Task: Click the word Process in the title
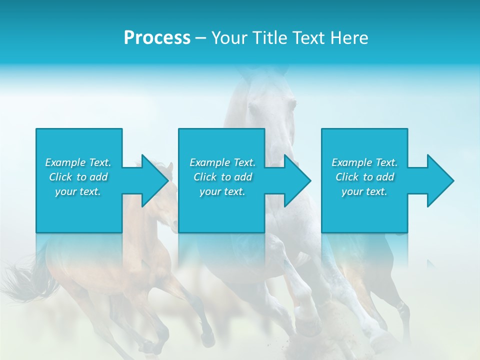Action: tap(157, 38)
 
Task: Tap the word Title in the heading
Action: tap(268, 38)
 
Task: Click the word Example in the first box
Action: tap(65, 162)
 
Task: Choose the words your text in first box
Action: tap(78, 191)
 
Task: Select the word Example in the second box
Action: tap(210, 162)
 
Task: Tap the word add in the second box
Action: tap(242, 177)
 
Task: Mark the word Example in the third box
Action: tap(352, 162)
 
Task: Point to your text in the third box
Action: tap(364, 191)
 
